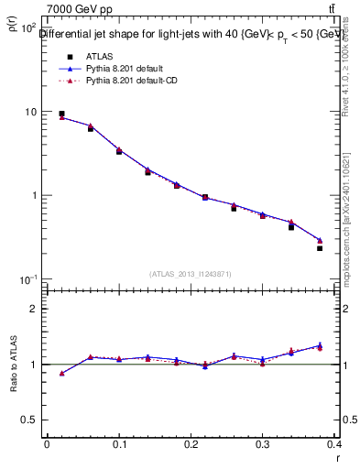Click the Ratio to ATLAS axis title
pos(13,366)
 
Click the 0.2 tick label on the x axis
pos(191,446)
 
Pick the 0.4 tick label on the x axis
pos(334,446)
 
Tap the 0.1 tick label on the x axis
pos(118,446)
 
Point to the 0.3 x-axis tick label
pos(263,446)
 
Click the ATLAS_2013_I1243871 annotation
pos(191,274)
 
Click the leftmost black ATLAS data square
pos(61,114)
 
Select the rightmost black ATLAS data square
pos(320,248)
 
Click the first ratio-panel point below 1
pos(61,373)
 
